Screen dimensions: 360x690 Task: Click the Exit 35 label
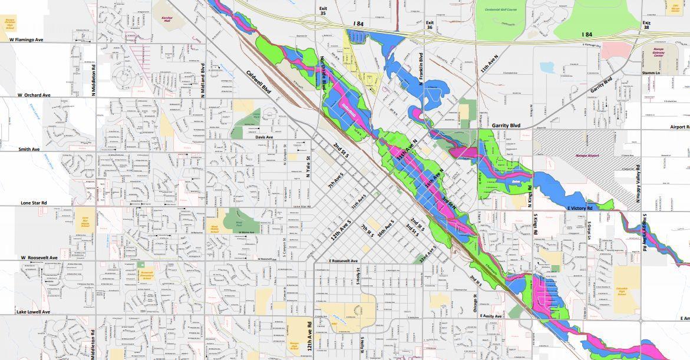point(323,11)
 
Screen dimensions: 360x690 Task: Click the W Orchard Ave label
point(34,95)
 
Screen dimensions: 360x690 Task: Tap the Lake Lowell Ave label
point(33,312)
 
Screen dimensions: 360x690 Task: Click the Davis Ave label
point(265,137)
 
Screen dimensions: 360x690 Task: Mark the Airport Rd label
point(679,127)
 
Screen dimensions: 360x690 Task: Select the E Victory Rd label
point(583,209)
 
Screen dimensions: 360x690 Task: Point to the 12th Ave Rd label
point(309,336)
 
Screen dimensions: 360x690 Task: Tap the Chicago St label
point(474,304)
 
